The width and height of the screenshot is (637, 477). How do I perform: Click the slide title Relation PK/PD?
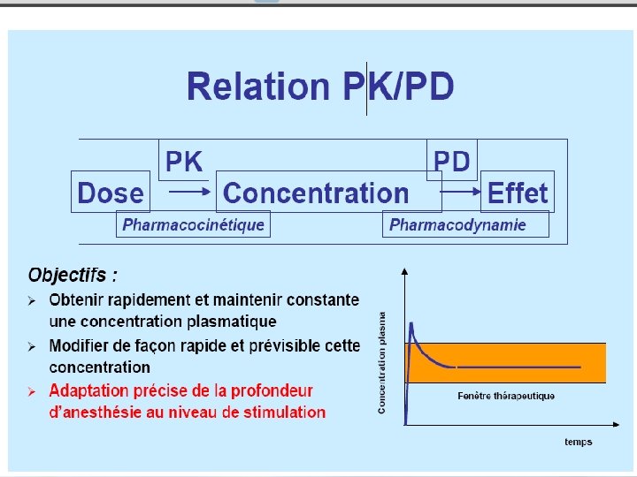pyautogui.click(x=320, y=87)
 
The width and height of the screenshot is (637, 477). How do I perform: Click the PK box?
pyautogui.click(x=184, y=162)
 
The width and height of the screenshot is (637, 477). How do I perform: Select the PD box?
pyautogui.click(x=451, y=162)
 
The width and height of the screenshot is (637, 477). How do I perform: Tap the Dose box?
pyautogui.click(x=110, y=193)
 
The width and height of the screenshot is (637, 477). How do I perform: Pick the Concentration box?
pyautogui.click(x=316, y=193)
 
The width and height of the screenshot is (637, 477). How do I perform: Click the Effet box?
pyautogui.click(x=518, y=193)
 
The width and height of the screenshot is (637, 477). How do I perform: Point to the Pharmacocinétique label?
pyautogui.click(x=193, y=224)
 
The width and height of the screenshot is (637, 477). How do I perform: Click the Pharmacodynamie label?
pyautogui.click(x=457, y=224)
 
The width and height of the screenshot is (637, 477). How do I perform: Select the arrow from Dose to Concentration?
pyautogui.click(x=187, y=191)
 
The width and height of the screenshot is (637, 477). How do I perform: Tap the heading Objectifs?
pyautogui.click(x=73, y=275)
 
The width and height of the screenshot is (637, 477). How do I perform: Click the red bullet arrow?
pyautogui.click(x=31, y=390)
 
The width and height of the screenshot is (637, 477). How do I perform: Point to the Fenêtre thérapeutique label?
pyautogui.click(x=506, y=396)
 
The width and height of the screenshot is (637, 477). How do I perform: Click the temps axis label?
pyautogui.click(x=579, y=442)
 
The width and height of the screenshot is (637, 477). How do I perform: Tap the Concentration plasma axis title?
pyautogui.click(x=382, y=362)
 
